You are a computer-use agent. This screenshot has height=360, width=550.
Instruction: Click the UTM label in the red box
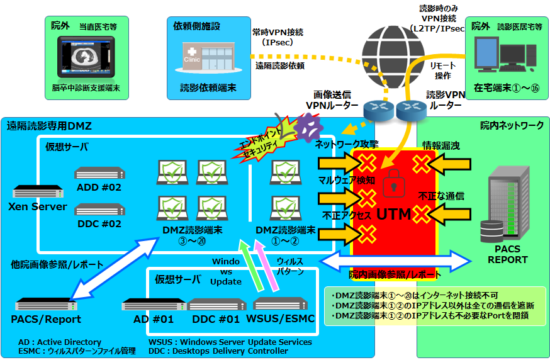[x=393, y=214]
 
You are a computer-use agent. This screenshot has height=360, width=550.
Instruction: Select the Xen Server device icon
[x=37, y=191]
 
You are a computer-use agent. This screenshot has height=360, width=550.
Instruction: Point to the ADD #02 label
[x=99, y=187]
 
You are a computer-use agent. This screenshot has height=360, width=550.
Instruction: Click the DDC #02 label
[x=98, y=223]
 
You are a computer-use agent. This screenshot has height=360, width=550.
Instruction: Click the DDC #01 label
[x=216, y=318]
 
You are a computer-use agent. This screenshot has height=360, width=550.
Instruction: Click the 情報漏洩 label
[x=441, y=146]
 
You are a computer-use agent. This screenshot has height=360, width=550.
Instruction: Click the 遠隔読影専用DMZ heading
[x=49, y=127]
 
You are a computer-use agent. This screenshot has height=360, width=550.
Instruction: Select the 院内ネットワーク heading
[x=512, y=126]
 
